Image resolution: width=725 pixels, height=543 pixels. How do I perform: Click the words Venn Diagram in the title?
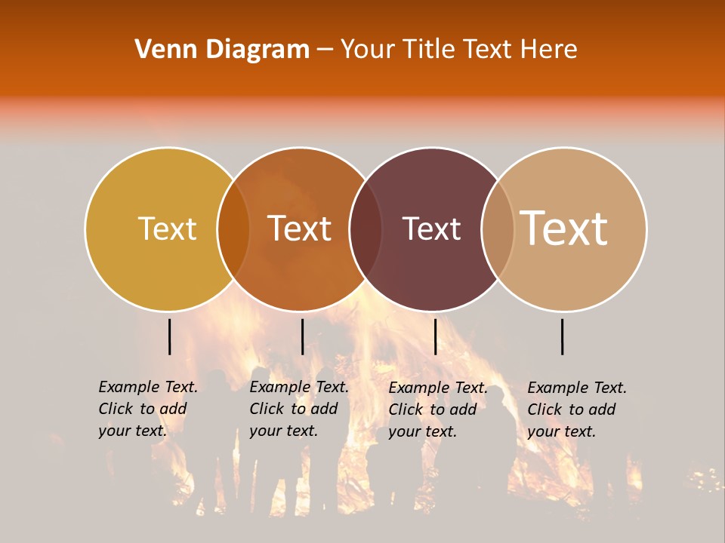pyautogui.click(x=222, y=50)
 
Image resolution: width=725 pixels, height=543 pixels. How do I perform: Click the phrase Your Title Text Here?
pyautogui.click(x=458, y=50)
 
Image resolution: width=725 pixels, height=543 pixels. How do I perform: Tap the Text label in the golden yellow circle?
pyautogui.click(x=167, y=229)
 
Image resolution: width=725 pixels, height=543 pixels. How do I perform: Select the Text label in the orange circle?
pyautogui.click(x=300, y=229)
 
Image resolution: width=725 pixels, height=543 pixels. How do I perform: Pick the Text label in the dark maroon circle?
pyautogui.click(x=431, y=229)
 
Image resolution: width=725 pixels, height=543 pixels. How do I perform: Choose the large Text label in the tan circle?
pyautogui.click(x=563, y=228)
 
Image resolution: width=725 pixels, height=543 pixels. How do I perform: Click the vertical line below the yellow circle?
pyautogui.click(x=169, y=336)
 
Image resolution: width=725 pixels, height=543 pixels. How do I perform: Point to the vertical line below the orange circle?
pyautogui.click(x=302, y=336)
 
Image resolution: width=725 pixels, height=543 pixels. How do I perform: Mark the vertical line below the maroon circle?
pyautogui.click(x=435, y=336)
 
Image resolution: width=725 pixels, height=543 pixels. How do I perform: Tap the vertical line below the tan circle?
pyautogui.click(x=563, y=336)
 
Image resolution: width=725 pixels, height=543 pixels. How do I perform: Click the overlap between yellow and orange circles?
pyautogui.click(x=233, y=229)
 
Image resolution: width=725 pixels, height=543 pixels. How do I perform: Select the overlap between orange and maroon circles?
pyautogui.click(x=366, y=229)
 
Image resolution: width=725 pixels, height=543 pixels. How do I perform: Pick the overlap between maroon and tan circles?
pyautogui.click(x=498, y=229)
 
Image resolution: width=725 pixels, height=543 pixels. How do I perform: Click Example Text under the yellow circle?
pyautogui.click(x=148, y=387)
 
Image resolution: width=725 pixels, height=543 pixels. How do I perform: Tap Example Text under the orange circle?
pyautogui.click(x=299, y=387)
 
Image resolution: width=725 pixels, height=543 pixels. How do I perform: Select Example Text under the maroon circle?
pyautogui.click(x=438, y=388)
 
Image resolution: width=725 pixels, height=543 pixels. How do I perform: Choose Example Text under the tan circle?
pyautogui.click(x=577, y=388)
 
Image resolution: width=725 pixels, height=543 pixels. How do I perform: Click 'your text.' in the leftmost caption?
pyautogui.click(x=132, y=431)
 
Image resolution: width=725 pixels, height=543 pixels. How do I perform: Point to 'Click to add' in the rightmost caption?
pyautogui.click(x=572, y=410)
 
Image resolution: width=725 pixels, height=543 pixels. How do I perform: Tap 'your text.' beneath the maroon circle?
pyautogui.click(x=422, y=431)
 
